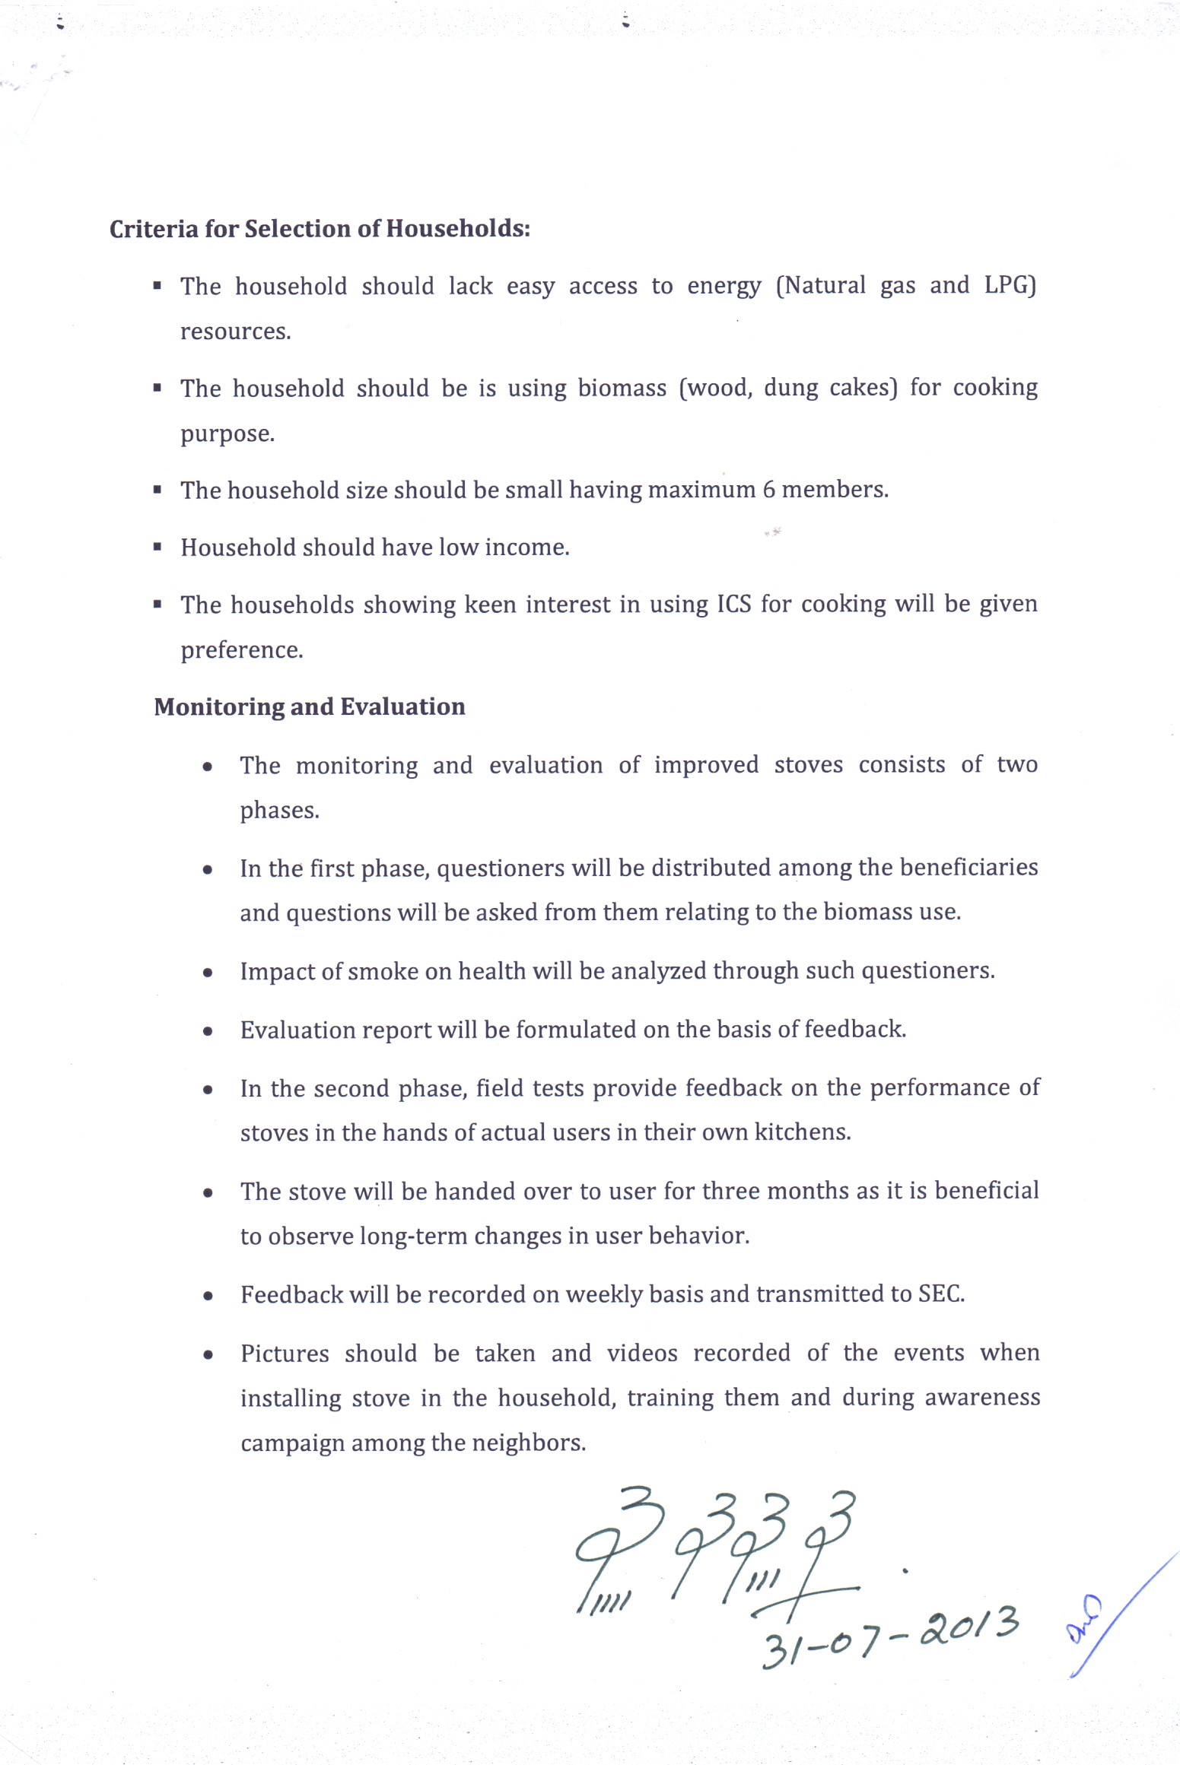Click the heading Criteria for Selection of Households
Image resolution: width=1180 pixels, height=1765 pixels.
(x=320, y=229)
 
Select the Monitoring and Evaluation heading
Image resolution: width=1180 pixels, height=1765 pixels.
(x=309, y=707)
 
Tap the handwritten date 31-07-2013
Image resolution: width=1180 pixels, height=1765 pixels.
(x=890, y=1635)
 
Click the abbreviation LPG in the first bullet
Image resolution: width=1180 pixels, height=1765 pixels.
(x=1010, y=285)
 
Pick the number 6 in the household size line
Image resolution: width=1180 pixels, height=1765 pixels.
(x=768, y=490)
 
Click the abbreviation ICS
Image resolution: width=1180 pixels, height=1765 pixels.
(x=733, y=605)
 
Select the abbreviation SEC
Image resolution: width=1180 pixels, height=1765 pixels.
(x=940, y=1294)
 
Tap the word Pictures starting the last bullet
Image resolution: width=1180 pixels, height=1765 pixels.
(x=285, y=1354)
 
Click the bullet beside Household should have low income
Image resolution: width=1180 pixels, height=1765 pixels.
(x=157, y=546)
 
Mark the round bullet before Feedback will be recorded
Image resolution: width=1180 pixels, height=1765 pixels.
(x=208, y=1296)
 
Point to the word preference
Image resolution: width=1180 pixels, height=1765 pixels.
(x=241, y=650)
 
